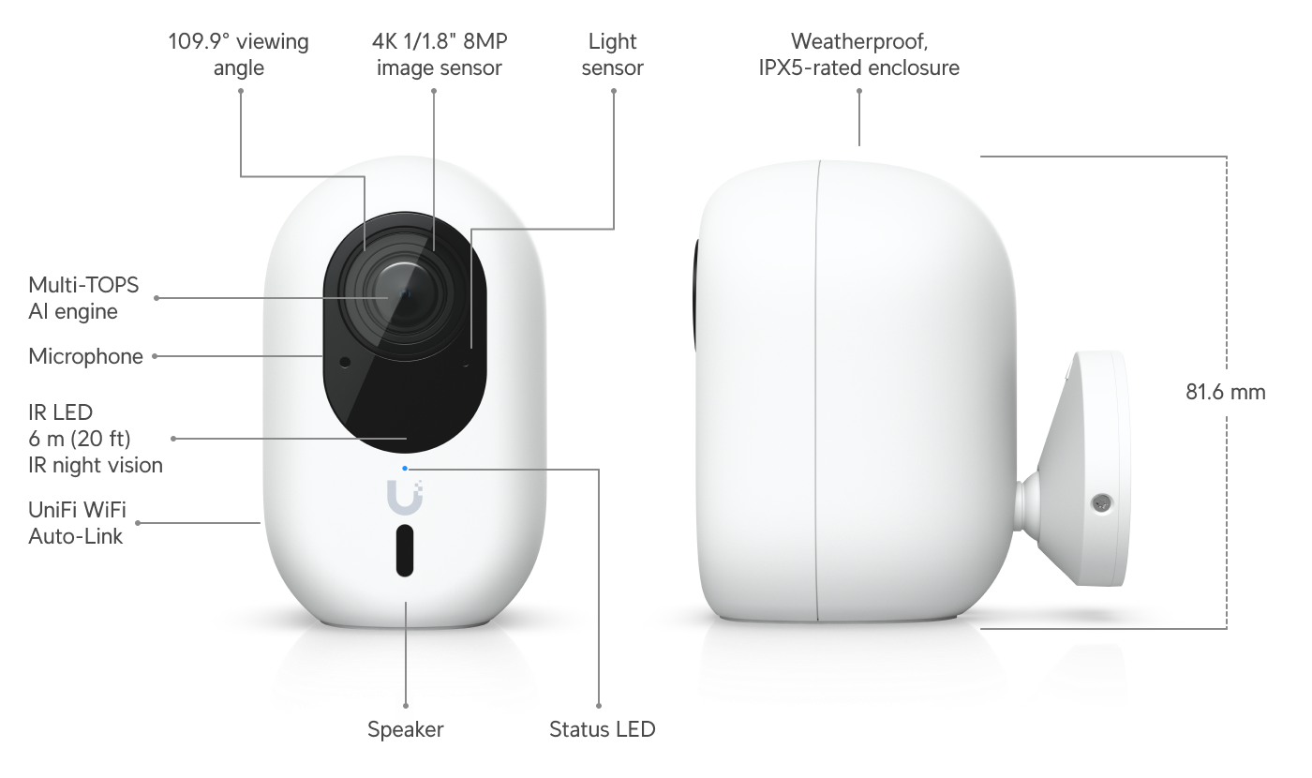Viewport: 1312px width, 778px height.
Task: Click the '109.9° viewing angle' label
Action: (238, 54)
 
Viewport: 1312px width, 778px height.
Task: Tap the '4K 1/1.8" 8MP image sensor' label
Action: (440, 54)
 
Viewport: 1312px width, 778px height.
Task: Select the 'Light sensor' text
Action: (612, 54)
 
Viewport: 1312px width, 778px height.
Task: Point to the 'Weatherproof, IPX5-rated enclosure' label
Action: (858, 54)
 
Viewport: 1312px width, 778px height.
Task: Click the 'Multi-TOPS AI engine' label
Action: (83, 298)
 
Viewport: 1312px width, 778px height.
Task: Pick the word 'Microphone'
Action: (85, 356)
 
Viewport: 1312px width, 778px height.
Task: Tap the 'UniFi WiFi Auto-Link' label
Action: (77, 523)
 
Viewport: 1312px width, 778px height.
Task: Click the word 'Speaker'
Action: (405, 729)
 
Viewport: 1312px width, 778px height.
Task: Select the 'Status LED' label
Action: (602, 729)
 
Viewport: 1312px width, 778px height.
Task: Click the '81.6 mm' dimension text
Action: (1226, 392)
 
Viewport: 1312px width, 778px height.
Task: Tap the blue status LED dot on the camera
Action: (405, 469)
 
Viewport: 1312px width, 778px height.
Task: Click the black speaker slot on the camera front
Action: (405, 551)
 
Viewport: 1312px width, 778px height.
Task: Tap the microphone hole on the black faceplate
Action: (345, 363)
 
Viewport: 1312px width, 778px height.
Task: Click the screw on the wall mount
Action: (1102, 503)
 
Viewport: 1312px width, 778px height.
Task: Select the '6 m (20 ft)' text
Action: (79, 439)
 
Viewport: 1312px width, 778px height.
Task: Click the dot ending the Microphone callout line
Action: (155, 356)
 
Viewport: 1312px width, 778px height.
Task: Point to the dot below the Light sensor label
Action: (613, 91)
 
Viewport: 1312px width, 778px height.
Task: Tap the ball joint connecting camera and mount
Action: (1027, 502)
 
